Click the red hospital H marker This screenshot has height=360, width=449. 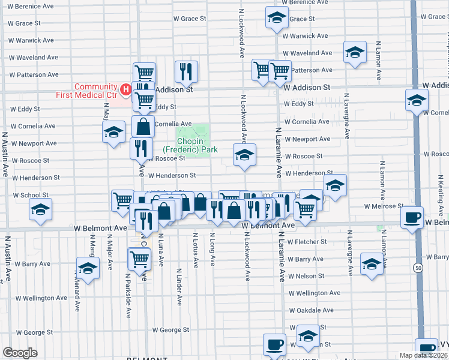click(x=126, y=90)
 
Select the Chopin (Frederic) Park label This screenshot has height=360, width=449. click(x=190, y=145)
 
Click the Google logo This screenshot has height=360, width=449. click(x=20, y=353)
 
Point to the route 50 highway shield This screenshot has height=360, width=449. click(x=417, y=268)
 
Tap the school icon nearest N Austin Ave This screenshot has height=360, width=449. click(x=41, y=209)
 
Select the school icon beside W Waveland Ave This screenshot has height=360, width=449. click(x=355, y=52)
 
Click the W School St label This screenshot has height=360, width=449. click(x=30, y=195)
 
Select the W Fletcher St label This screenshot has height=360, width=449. click(x=307, y=242)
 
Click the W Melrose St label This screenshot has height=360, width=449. click(x=385, y=206)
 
